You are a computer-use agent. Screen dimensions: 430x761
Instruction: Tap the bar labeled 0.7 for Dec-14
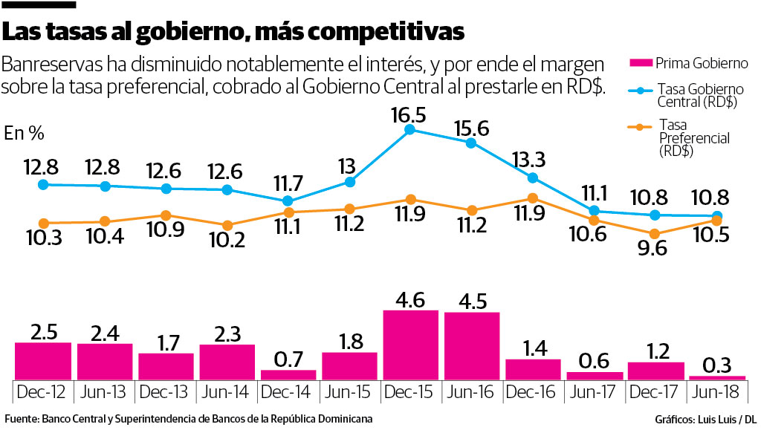pyautogui.click(x=288, y=375)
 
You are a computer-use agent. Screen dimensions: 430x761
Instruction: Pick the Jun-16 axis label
pyautogui.click(x=471, y=390)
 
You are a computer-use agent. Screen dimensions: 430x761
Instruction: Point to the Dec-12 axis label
pyautogui.click(x=43, y=390)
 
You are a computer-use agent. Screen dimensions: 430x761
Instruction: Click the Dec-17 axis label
pyautogui.click(x=655, y=390)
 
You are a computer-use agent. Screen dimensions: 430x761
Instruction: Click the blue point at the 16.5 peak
pyautogui.click(x=410, y=129)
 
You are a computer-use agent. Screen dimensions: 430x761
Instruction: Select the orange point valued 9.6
pyautogui.click(x=655, y=233)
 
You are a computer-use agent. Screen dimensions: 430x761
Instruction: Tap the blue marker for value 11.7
pyautogui.click(x=288, y=201)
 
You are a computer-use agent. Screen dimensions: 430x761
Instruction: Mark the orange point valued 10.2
pyautogui.click(x=227, y=225)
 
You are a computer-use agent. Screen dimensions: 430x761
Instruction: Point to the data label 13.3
pyautogui.click(x=532, y=159)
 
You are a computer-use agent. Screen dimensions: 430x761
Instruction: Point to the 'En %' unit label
pyautogui.click(x=25, y=134)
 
